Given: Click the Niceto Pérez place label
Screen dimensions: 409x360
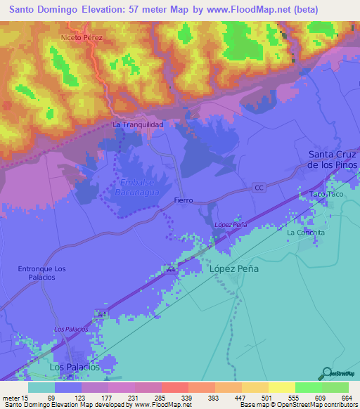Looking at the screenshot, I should (x=82, y=37).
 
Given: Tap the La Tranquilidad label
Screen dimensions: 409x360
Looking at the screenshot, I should (x=138, y=124).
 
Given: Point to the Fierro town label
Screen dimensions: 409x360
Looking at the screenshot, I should (x=183, y=200).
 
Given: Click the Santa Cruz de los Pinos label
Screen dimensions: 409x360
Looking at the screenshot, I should (x=333, y=160).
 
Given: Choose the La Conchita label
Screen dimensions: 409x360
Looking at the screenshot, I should (x=306, y=233).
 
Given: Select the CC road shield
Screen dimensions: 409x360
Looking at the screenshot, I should (x=259, y=188).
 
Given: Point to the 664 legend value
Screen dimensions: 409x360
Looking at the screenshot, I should (x=345, y=398).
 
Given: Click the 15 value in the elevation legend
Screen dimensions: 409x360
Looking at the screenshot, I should (x=27, y=398).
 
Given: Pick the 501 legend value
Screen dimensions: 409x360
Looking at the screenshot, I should (x=265, y=398).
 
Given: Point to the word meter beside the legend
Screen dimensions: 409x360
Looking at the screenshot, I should (x=11, y=398).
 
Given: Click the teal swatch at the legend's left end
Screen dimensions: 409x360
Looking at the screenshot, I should (x=41, y=387).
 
